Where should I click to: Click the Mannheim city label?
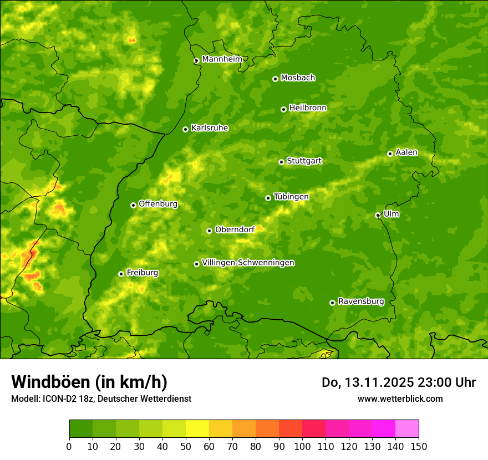[x=222, y=59]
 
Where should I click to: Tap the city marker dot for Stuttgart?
[x=281, y=162]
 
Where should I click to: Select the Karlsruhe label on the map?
[x=209, y=128]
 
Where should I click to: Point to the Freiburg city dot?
[x=121, y=274]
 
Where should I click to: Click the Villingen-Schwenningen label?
[x=248, y=263]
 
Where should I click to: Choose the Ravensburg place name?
[x=360, y=301]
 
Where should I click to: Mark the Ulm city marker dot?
[x=378, y=215]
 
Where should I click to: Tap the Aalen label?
[x=406, y=152]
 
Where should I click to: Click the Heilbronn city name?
[x=308, y=108]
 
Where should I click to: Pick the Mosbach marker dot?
[x=275, y=79]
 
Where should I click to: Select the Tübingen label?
[x=291, y=197]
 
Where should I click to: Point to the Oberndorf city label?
[x=235, y=229]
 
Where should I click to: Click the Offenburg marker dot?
[x=133, y=205]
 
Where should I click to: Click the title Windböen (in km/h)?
[x=89, y=382]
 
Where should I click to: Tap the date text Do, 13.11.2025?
[x=367, y=382]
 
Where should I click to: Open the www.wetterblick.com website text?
[x=400, y=398]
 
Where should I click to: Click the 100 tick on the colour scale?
[x=302, y=446]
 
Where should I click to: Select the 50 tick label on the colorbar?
[x=186, y=446]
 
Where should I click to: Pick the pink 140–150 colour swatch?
[x=407, y=428]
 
